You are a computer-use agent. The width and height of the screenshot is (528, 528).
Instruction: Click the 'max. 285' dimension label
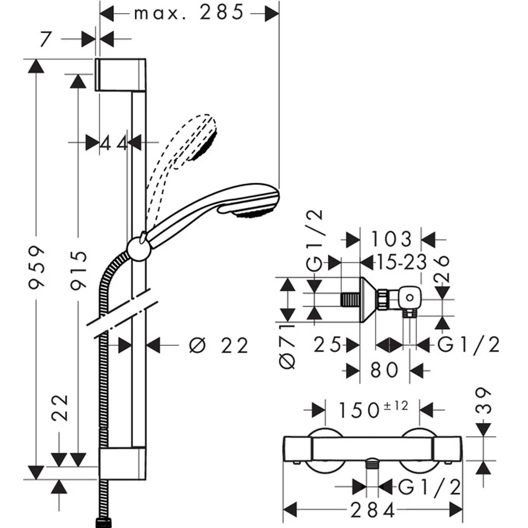click(x=188, y=13)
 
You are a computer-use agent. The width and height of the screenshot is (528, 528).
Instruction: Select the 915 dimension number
click(x=79, y=270)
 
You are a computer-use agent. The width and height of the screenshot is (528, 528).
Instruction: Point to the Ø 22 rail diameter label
click(x=219, y=345)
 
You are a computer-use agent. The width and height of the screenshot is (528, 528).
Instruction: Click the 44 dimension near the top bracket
click(x=114, y=144)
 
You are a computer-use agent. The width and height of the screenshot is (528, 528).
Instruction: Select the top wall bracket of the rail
click(x=120, y=75)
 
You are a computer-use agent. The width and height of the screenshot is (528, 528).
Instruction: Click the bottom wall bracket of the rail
click(x=122, y=464)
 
